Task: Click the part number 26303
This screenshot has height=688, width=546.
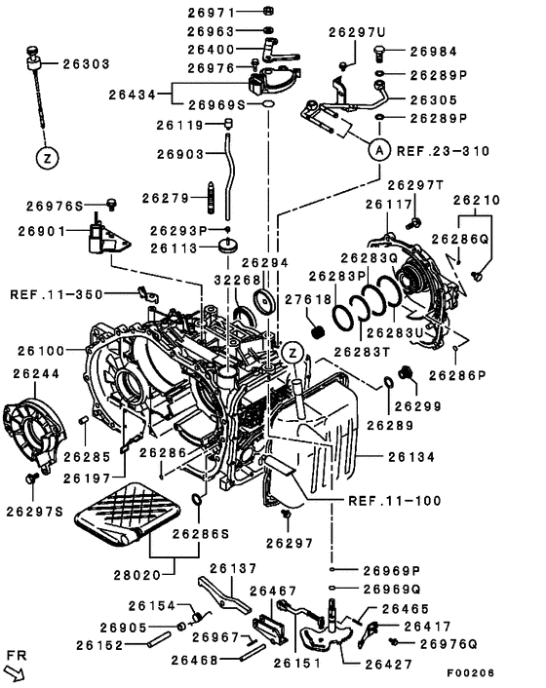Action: (x=87, y=64)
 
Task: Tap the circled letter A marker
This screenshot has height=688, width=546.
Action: (x=379, y=150)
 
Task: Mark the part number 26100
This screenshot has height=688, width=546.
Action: (x=37, y=349)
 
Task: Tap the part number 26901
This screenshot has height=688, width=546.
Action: (x=41, y=231)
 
